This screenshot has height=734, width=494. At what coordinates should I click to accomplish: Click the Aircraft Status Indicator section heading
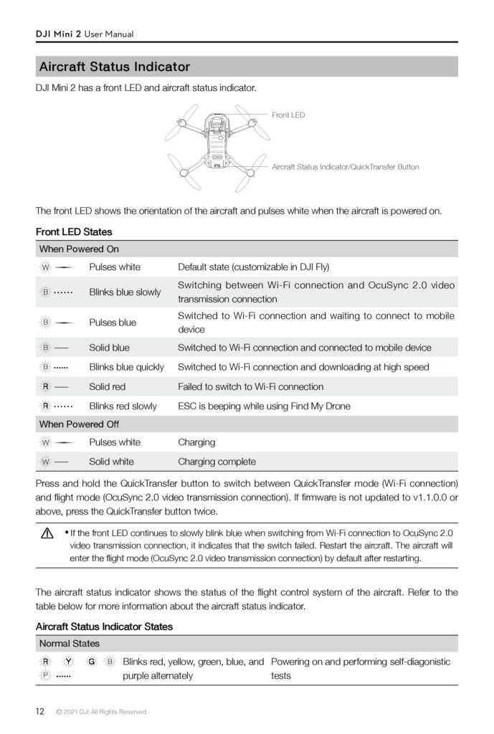pos(115,67)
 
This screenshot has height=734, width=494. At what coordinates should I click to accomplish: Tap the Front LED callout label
pos(288,115)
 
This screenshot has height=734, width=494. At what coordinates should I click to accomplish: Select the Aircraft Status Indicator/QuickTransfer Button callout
pos(345,167)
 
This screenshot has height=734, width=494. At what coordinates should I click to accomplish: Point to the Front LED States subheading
pos(74,232)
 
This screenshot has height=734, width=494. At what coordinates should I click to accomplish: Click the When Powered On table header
pos(79,249)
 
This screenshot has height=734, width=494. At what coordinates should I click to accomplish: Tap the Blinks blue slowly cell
pos(125,292)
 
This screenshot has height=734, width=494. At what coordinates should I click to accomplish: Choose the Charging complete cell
pos(217,462)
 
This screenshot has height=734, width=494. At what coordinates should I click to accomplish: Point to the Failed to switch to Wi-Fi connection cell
pos(250,386)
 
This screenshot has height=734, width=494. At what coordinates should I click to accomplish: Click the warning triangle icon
pos(48,534)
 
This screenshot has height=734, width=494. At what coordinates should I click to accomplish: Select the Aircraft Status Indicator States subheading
pos(104,626)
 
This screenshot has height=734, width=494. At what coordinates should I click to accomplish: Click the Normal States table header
pos(70,644)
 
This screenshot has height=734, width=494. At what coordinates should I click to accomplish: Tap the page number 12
pos(40,711)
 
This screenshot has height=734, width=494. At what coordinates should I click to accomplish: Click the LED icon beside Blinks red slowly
pos(45,406)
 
